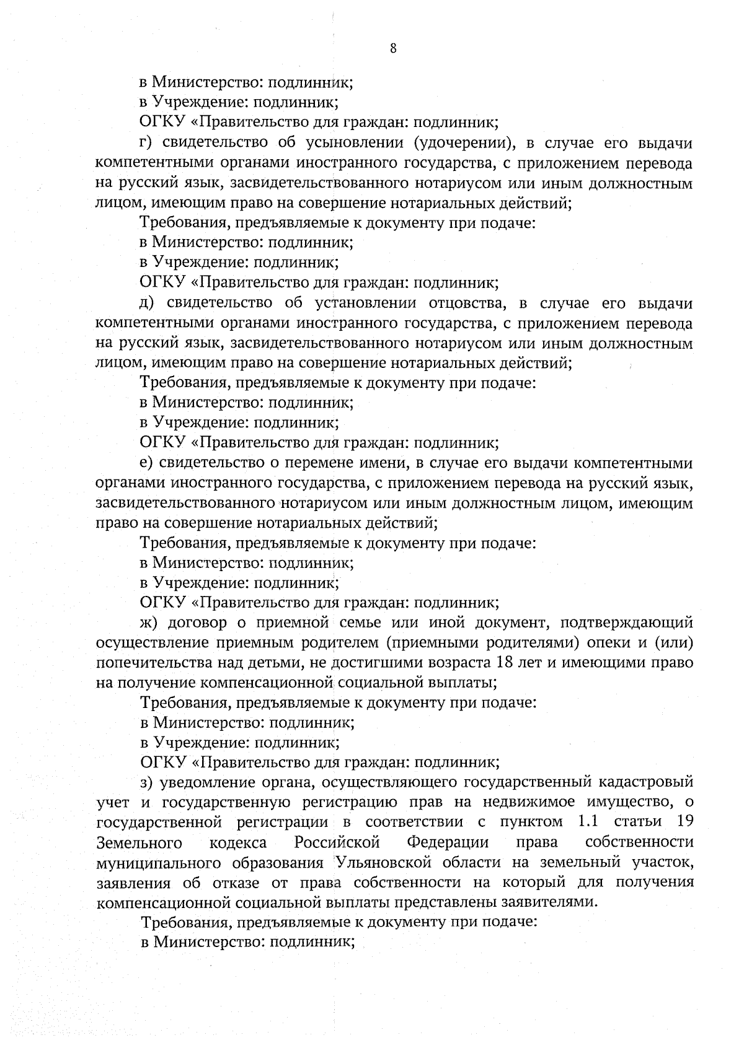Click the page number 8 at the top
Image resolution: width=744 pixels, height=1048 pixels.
pyautogui.click(x=394, y=50)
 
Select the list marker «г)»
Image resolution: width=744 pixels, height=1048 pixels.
pyautogui.click(x=146, y=144)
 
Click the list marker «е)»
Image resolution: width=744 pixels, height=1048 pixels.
pyautogui.click(x=146, y=463)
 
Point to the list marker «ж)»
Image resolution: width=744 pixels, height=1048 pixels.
pyautogui.click(x=149, y=622)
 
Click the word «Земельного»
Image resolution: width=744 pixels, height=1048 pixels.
pyautogui.click(x=139, y=842)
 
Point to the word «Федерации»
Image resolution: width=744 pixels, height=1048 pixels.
pyautogui.click(x=448, y=842)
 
